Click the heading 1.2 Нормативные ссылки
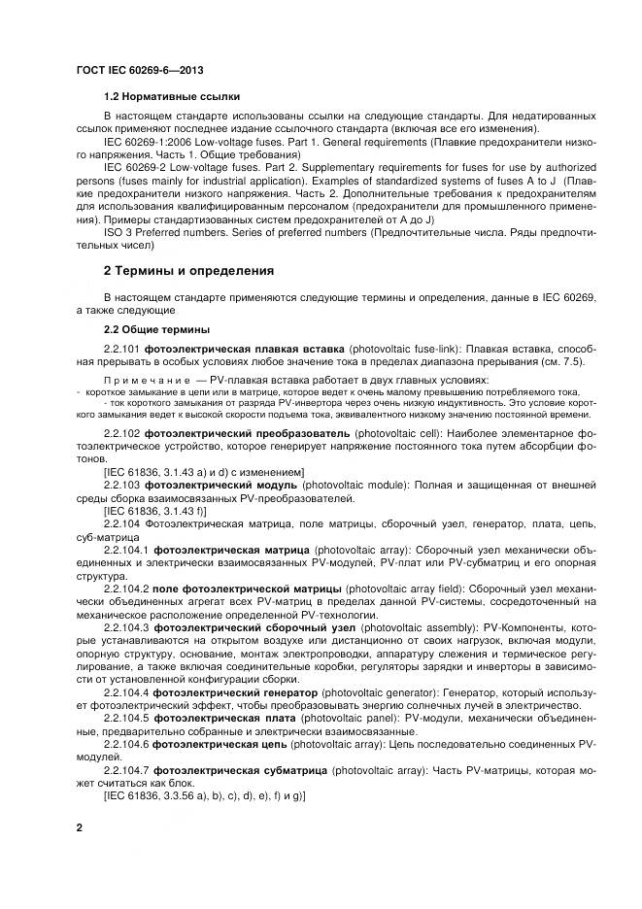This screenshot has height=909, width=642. tap(172, 98)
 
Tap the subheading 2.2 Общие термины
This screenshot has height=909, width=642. tap(155, 328)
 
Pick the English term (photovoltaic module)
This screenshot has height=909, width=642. tap(358, 483)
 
